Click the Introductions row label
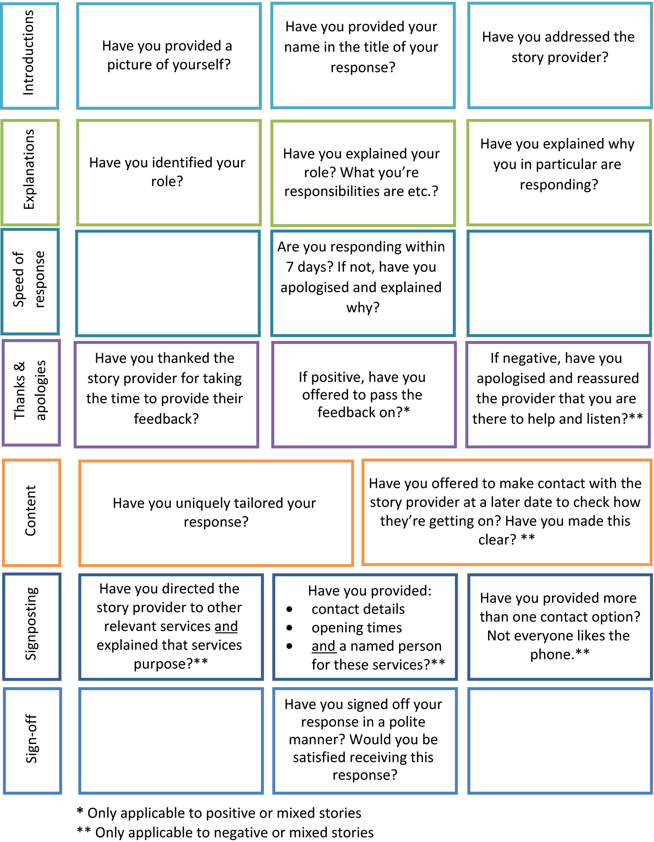coord(29,53)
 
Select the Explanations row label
coord(29,170)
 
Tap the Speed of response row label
coord(29,280)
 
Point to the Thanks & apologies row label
coord(30,390)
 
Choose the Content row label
coord(30,510)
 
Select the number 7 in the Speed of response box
coord(290,267)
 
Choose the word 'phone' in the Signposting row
coord(551,655)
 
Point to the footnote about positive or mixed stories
coord(219,813)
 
